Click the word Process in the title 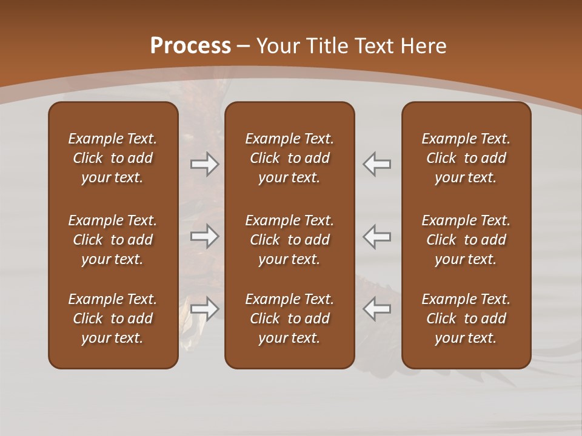pos(190,46)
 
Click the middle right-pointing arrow pos(205,236)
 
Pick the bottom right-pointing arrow pos(205,309)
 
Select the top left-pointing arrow pos(377,164)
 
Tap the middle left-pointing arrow pos(377,236)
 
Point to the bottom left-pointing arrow pos(377,309)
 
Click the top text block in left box pos(113,158)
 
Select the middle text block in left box pos(113,240)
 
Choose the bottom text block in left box pos(113,319)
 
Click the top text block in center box pos(289,158)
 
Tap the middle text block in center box pos(289,240)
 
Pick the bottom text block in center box pos(289,319)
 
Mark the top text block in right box pos(466,158)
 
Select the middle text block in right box pos(466,240)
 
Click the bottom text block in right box pos(466,319)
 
